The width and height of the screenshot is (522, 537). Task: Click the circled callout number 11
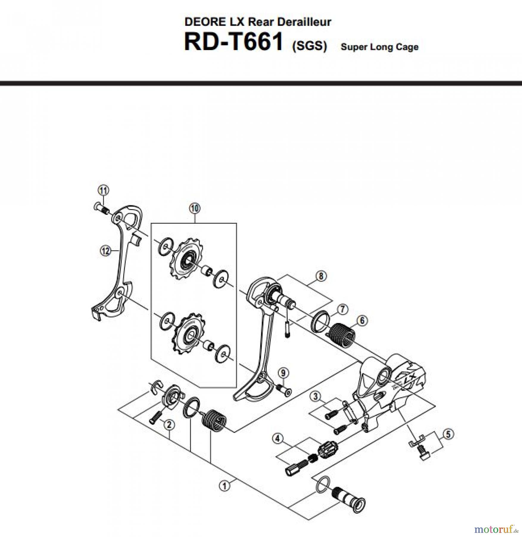(x=103, y=190)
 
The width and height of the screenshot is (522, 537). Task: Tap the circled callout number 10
(x=195, y=208)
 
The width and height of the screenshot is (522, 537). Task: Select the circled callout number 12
(x=105, y=251)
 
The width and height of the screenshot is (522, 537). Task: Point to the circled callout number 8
(x=321, y=276)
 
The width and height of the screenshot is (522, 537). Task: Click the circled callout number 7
(x=343, y=309)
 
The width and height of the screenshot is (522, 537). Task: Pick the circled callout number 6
(x=362, y=321)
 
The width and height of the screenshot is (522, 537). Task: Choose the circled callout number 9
(x=283, y=373)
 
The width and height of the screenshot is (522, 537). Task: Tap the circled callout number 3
(x=316, y=396)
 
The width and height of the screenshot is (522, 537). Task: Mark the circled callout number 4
(x=278, y=438)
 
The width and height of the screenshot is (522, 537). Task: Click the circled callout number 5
(x=448, y=434)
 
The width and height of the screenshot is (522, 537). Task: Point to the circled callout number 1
(x=225, y=486)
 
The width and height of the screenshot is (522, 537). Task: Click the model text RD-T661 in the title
(x=233, y=42)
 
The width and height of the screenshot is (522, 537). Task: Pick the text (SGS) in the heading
(x=309, y=46)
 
